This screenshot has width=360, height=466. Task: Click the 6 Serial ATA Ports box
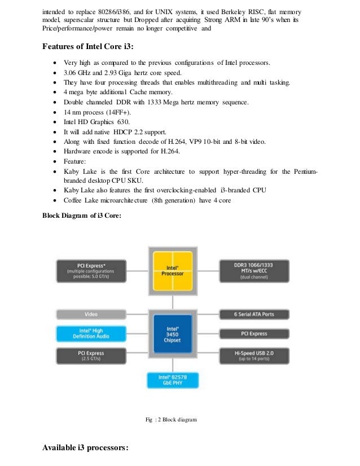coord(253,314)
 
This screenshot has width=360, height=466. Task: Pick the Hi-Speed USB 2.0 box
coord(253,355)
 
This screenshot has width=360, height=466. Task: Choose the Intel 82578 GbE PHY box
coord(172,380)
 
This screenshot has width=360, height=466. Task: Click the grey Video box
coord(91,314)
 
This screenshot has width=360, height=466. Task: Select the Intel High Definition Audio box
coord(91,334)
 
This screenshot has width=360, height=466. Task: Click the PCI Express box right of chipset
coord(253,334)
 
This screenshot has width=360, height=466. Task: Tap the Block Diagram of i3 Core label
coord(82,215)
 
